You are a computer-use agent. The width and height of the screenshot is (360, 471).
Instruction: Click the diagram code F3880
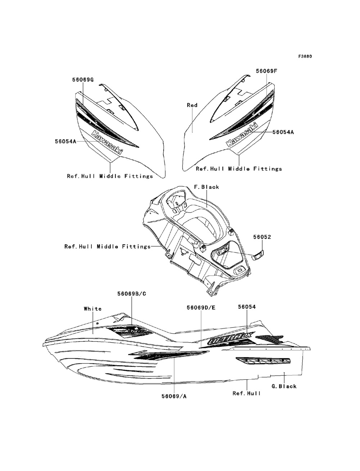(305, 57)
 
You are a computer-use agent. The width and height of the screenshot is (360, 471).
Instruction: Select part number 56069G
(82, 80)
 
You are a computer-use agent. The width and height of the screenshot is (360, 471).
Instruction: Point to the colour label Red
(192, 105)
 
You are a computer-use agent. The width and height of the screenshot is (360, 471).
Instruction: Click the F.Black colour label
(207, 187)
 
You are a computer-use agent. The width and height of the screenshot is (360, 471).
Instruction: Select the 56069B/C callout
(131, 294)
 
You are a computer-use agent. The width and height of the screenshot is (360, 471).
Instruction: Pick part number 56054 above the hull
(247, 307)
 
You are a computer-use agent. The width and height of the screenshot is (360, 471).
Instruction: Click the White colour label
(93, 308)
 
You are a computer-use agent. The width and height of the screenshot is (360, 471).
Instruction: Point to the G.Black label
(284, 386)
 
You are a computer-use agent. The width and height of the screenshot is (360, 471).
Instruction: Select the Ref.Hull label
(247, 393)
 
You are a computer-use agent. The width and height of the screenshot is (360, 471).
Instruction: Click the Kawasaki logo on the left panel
(107, 142)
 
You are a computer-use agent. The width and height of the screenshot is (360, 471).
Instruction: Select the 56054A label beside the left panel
(66, 142)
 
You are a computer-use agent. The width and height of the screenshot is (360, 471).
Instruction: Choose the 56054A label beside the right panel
(283, 132)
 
